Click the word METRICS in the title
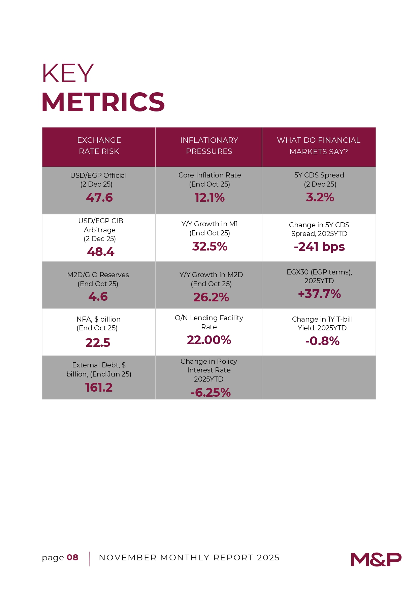pyautogui.click(x=103, y=102)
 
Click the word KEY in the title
pyautogui.click(x=67, y=73)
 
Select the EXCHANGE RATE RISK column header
pyautogui.click(x=99, y=146)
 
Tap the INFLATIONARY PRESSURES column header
pyautogui.click(x=209, y=146)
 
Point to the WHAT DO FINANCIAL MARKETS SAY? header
pyautogui.click(x=319, y=146)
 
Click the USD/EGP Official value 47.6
pyautogui.click(x=99, y=197)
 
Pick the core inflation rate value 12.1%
pyautogui.click(x=210, y=197)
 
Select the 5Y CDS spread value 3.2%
pyautogui.click(x=320, y=197)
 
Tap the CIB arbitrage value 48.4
pyautogui.click(x=101, y=252)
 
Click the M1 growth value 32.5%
pyautogui.click(x=210, y=246)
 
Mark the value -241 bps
pyautogui.click(x=319, y=247)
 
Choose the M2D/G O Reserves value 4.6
pyautogui.click(x=98, y=296)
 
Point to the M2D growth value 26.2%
pyautogui.click(x=211, y=297)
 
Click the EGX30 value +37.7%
pyautogui.click(x=319, y=294)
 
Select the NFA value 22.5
pyautogui.click(x=98, y=342)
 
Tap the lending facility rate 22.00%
pyautogui.click(x=209, y=340)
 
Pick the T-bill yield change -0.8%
pyautogui.click(x=322, y=341)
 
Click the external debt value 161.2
pyautogui.click(x=99, y=387)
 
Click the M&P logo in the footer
pyautogui.click(x=376, y=559)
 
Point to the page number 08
pyautogui.click(x=72, y=557)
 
